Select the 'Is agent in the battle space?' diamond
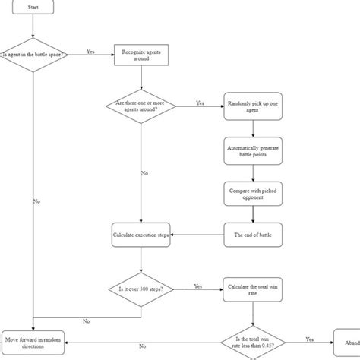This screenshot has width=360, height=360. [x=33, y=55]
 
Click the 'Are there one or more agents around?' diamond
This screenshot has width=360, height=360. [x=141, y=106]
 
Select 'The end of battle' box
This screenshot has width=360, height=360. [x=254, y=235]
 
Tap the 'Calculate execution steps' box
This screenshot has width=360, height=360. [x=141, y=235]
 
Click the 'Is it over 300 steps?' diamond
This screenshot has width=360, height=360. [x=141, y=289]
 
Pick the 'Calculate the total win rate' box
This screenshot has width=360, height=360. [x=254, y=289]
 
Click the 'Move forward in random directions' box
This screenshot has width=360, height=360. [x=33, y=341]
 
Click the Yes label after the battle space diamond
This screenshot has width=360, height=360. [x=90, y=52]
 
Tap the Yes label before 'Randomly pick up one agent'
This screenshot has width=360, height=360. [x=201, y=103]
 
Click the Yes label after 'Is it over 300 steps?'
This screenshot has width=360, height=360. [x=198, y=286]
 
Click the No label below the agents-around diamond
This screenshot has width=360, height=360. [x=144, y=173]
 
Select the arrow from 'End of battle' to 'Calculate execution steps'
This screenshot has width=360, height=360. [x=198, y=235]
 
